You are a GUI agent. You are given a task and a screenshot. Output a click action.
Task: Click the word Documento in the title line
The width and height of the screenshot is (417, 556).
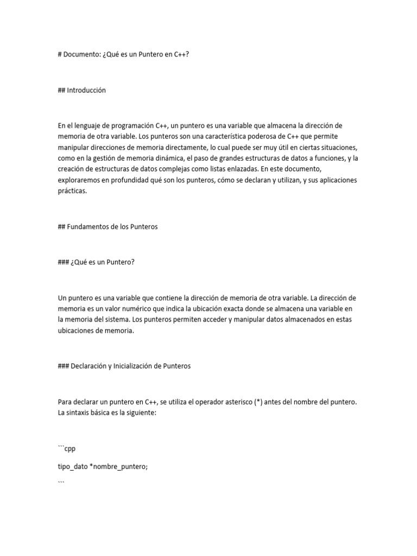(x=83, y=55)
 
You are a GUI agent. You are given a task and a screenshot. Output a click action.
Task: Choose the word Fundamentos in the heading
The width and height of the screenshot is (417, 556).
(x=87, y=227)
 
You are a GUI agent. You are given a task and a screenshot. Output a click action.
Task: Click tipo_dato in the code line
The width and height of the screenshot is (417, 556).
(x=72, y=466)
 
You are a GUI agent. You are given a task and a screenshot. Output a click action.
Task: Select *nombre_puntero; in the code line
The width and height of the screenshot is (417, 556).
(x=118, y=466)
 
